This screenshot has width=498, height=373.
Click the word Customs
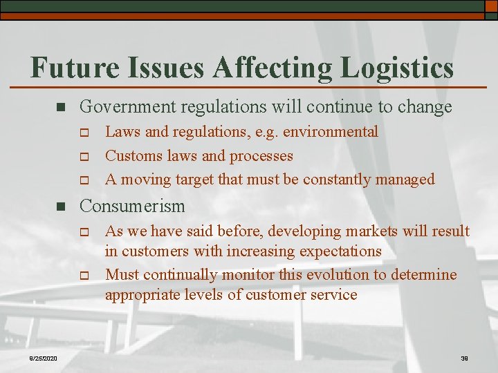tap(131, 156)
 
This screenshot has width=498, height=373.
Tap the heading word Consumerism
tap(132, 207)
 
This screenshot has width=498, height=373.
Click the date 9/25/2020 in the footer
tap(43, 357)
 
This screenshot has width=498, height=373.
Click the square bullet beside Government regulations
tap(59, 108)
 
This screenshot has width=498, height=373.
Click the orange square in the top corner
tap(490, 6)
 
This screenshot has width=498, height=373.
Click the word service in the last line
tap(334, 295)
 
